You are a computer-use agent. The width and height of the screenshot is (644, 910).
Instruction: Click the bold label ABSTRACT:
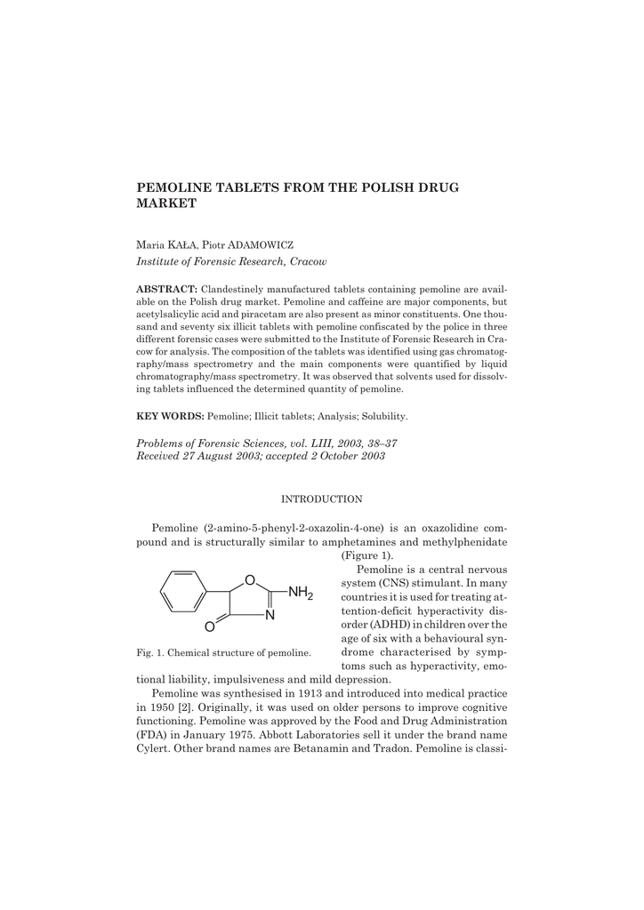[166, 290]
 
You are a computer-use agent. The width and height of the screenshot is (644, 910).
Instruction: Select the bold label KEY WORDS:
[170, 416]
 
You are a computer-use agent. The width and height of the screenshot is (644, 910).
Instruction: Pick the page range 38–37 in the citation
[379, 443]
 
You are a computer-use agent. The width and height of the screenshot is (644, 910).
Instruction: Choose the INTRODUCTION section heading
[321, 499]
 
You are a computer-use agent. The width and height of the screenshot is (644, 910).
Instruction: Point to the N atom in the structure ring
[270, 614]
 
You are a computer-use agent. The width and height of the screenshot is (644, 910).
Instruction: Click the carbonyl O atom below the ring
[209, 627]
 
